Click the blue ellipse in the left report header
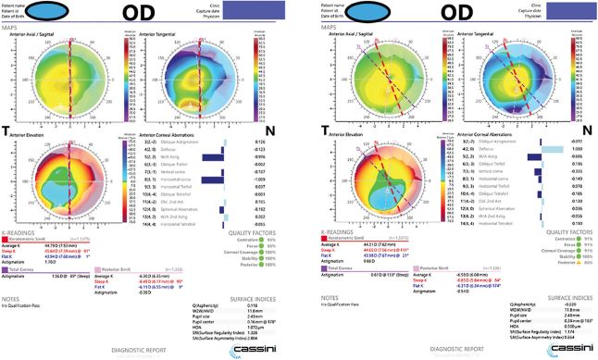coord(69,12)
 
